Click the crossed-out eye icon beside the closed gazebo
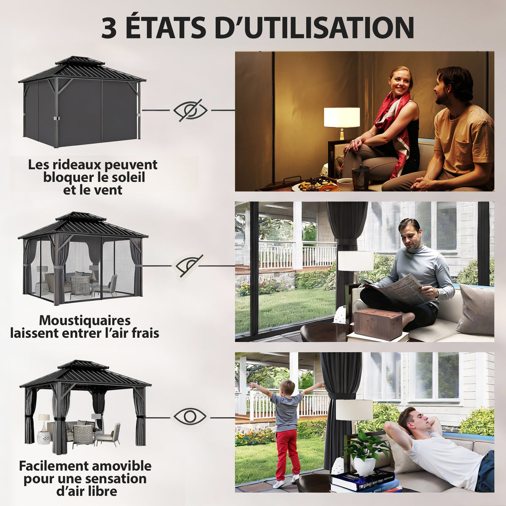(190, 110)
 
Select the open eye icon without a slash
(190, 417)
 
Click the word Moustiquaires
(85, 320)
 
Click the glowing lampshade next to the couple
(342, 117)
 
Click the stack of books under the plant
(365, 481)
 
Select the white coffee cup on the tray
(345, 184)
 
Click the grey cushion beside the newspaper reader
(476, 309)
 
